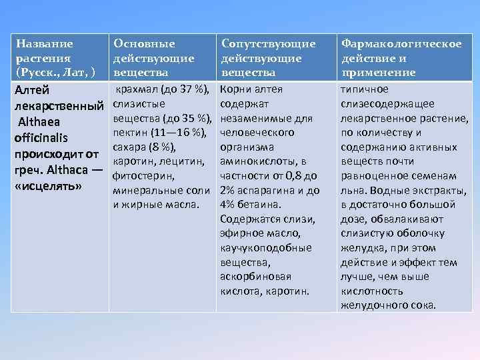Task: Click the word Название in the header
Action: [45, 44]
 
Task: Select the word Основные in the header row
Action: [144, 44]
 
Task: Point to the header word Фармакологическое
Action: [401, 44]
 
